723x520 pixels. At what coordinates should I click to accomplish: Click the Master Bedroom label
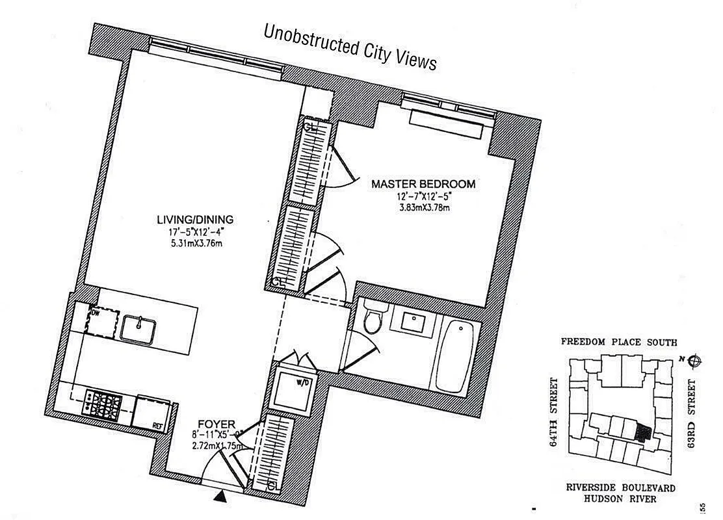point(423,184)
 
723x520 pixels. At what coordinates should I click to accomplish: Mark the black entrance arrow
point(222,497)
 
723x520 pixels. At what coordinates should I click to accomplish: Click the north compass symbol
point(694,359)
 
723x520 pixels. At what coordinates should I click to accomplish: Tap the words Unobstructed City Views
point(350,47)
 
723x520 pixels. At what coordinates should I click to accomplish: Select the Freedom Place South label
point(619,343)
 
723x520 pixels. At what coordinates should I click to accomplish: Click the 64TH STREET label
point(553,413)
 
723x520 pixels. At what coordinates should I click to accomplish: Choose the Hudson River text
point(619,499)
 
